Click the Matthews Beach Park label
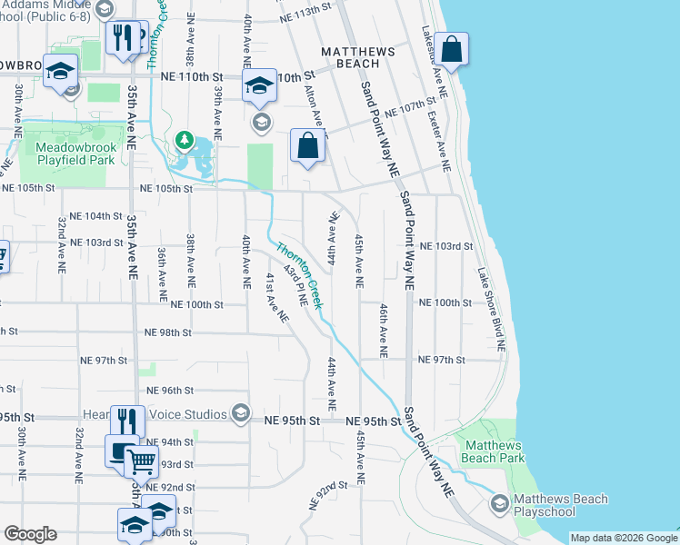493,452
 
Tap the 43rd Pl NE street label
295,284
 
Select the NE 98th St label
165,332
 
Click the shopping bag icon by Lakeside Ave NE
451,49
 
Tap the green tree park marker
185,140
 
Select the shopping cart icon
140,461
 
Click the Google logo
30,534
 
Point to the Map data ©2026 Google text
623,538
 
